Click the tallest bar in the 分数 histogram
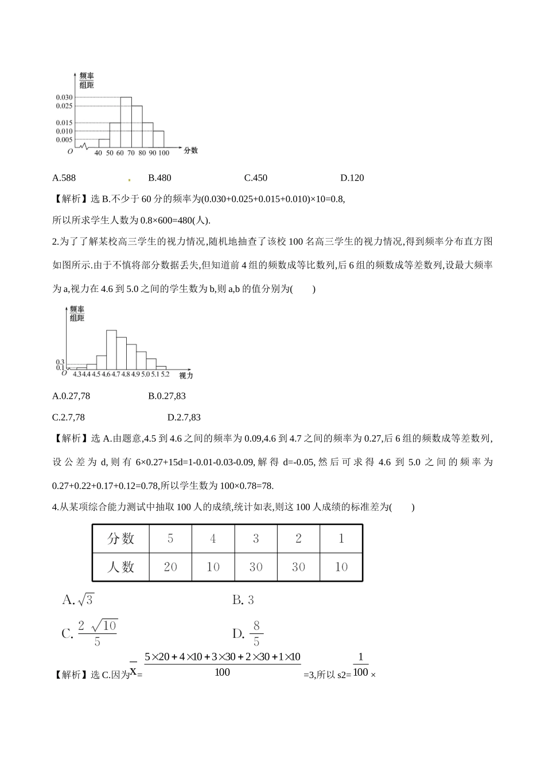126,123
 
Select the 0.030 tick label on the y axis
64,98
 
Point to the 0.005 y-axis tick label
64,139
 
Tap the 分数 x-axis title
190,150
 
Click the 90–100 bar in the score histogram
158,139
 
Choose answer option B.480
159,178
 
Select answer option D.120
352,178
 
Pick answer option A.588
64,178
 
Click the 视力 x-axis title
186,375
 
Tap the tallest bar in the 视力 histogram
111,350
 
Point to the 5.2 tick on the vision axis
165,374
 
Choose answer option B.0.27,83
166,396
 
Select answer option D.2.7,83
184,418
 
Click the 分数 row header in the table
120,539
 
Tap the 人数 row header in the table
120,567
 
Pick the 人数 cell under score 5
170,567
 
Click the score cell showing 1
341,539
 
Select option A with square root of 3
77,600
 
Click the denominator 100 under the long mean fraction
222,672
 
